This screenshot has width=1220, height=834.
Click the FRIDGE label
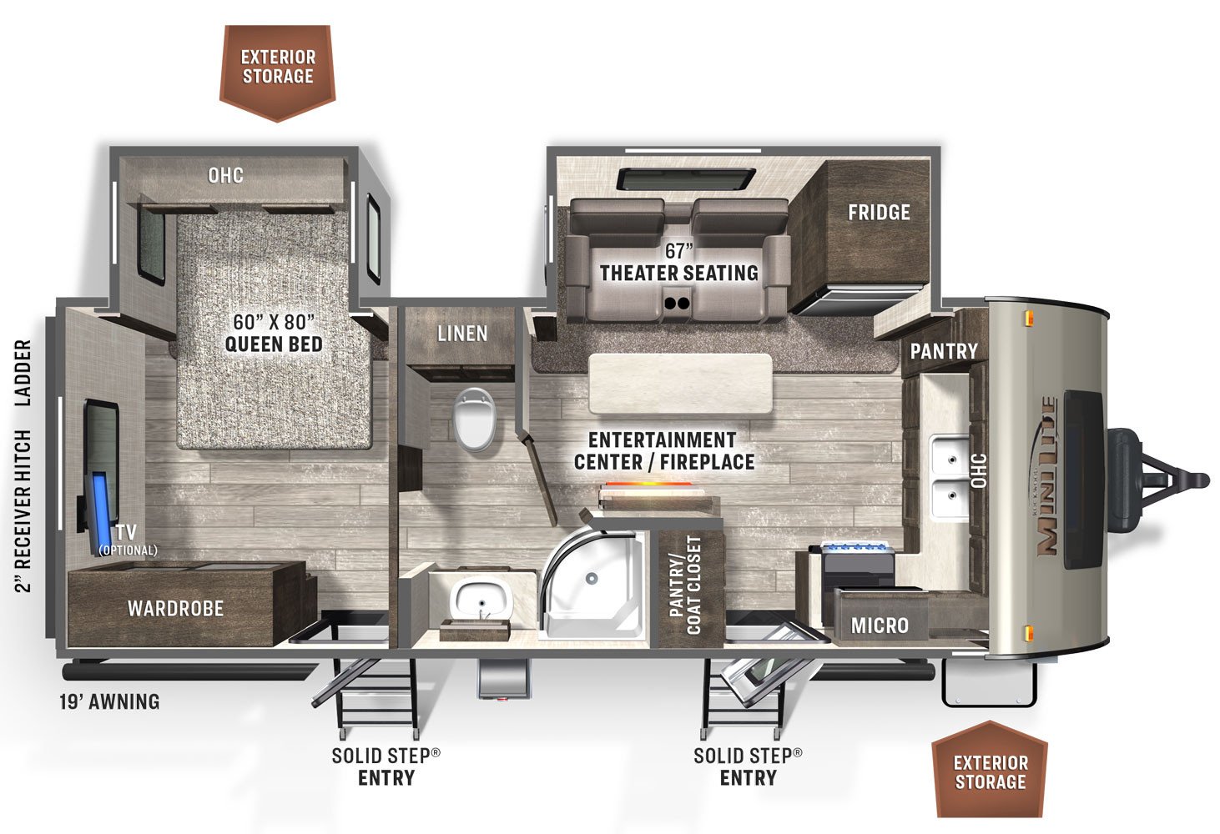(x=879, y=212)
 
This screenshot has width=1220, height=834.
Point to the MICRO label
(x=880, y=625)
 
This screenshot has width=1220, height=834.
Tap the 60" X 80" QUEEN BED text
(x=274, y=333)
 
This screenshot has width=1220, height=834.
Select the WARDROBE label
(x=175, y=608)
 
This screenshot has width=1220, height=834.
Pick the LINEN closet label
(x=462, y=334)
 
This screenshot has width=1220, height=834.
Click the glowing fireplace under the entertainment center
(x=658, y=489)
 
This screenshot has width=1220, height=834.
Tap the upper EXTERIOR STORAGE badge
(x=278, y=68)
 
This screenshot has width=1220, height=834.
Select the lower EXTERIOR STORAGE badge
(x=990, y=771)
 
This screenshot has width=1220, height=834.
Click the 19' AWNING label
(x=109, y=701)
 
